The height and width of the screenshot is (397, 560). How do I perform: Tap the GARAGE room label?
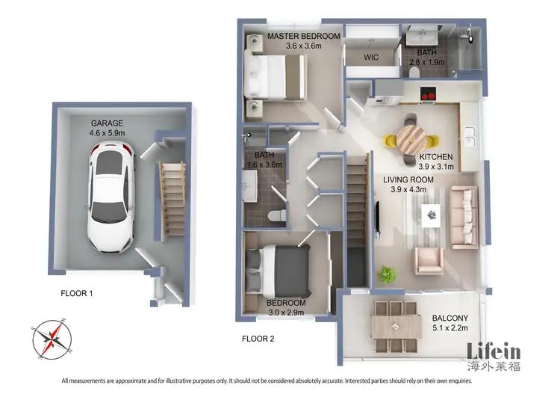107,123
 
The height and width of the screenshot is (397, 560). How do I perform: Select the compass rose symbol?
48,337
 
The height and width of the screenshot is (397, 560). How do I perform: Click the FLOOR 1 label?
76,294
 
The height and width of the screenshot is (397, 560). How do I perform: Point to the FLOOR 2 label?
258,339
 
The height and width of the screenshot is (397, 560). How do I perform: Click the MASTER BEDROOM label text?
303,36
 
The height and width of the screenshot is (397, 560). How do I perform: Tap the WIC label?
372,57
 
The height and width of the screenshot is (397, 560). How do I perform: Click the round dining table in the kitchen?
410,138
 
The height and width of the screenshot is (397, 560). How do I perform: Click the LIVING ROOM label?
408,179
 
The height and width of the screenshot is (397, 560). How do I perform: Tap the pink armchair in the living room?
429,259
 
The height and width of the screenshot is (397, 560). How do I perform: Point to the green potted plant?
387,273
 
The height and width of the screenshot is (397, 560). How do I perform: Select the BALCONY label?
451,317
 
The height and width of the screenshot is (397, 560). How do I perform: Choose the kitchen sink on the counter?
472,137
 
